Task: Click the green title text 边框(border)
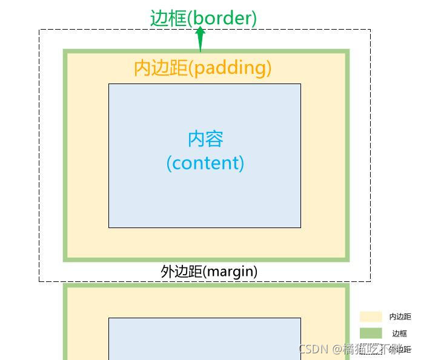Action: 204,18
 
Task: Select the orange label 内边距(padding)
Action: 202,67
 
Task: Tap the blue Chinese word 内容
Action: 205,139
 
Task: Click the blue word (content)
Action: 205,163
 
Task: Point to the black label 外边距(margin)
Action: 209,271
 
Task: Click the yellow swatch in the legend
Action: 370,316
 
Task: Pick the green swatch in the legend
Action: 370,333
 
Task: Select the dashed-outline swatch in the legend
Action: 370,350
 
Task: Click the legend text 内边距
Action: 400,316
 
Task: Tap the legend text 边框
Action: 399,333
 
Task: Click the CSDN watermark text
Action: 313,349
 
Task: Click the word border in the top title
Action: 222,18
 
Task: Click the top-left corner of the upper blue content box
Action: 109,84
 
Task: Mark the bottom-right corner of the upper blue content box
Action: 300,227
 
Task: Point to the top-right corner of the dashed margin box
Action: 370,30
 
